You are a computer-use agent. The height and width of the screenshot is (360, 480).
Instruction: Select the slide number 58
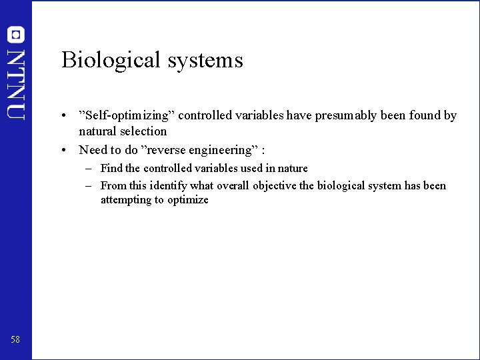point(15,339)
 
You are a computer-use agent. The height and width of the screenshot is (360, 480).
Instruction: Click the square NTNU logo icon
point(16,35)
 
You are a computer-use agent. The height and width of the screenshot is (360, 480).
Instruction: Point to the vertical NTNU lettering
point(16,83)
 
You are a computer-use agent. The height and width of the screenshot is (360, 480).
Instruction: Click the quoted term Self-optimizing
point(126,115)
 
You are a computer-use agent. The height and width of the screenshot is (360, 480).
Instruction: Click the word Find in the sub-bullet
point(111,168)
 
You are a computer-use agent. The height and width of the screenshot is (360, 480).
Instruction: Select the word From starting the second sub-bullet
point(113,185)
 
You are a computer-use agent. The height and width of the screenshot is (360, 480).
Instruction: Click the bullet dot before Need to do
point(63,149)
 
